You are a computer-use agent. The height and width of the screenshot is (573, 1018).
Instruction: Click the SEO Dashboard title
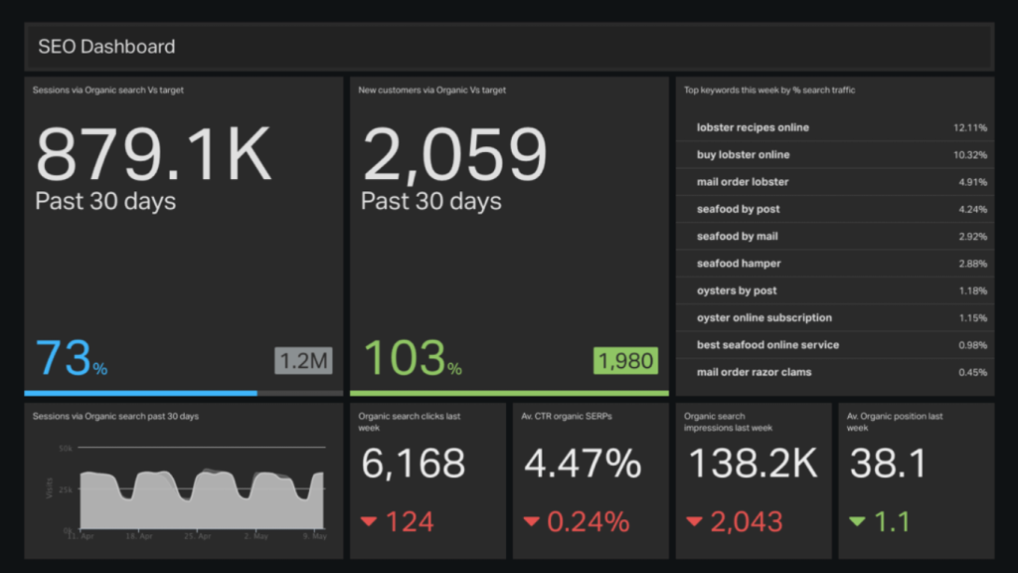click(x=106, y=47)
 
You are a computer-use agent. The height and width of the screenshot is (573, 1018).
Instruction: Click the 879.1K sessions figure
click(x=153, y=154)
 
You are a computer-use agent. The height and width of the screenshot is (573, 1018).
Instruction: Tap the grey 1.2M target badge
click(x=302, y=360)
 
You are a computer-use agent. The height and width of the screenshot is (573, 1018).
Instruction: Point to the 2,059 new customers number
click(x=454, y=154)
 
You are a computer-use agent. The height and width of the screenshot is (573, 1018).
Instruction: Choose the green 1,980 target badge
click(x=626, y=360)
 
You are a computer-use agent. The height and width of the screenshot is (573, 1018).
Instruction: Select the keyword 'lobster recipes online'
click(x=753, y=127)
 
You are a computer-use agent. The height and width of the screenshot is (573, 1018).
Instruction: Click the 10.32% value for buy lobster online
click(x=969, y=155)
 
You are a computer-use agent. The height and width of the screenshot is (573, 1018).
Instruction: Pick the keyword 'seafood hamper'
click(x=739, y=264)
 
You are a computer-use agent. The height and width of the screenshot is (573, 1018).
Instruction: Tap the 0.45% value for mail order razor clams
click(x=971, y=372)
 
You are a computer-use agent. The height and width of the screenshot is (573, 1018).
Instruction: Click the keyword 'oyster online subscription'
click(x=764, y=318)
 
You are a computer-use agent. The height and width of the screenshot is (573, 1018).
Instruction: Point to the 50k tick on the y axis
click(x=66, y=449)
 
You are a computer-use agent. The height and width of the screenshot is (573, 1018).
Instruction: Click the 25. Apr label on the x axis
click(x=200, y=535)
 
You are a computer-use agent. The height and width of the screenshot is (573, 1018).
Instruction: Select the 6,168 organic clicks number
click(x=413, y=464)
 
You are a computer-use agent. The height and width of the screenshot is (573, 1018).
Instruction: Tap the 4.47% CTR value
click(x=583, y=464)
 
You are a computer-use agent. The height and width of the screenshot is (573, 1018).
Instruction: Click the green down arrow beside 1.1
click(x=856, y=521)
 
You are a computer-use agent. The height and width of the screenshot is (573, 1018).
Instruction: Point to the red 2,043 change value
click(x=747, y=521)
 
